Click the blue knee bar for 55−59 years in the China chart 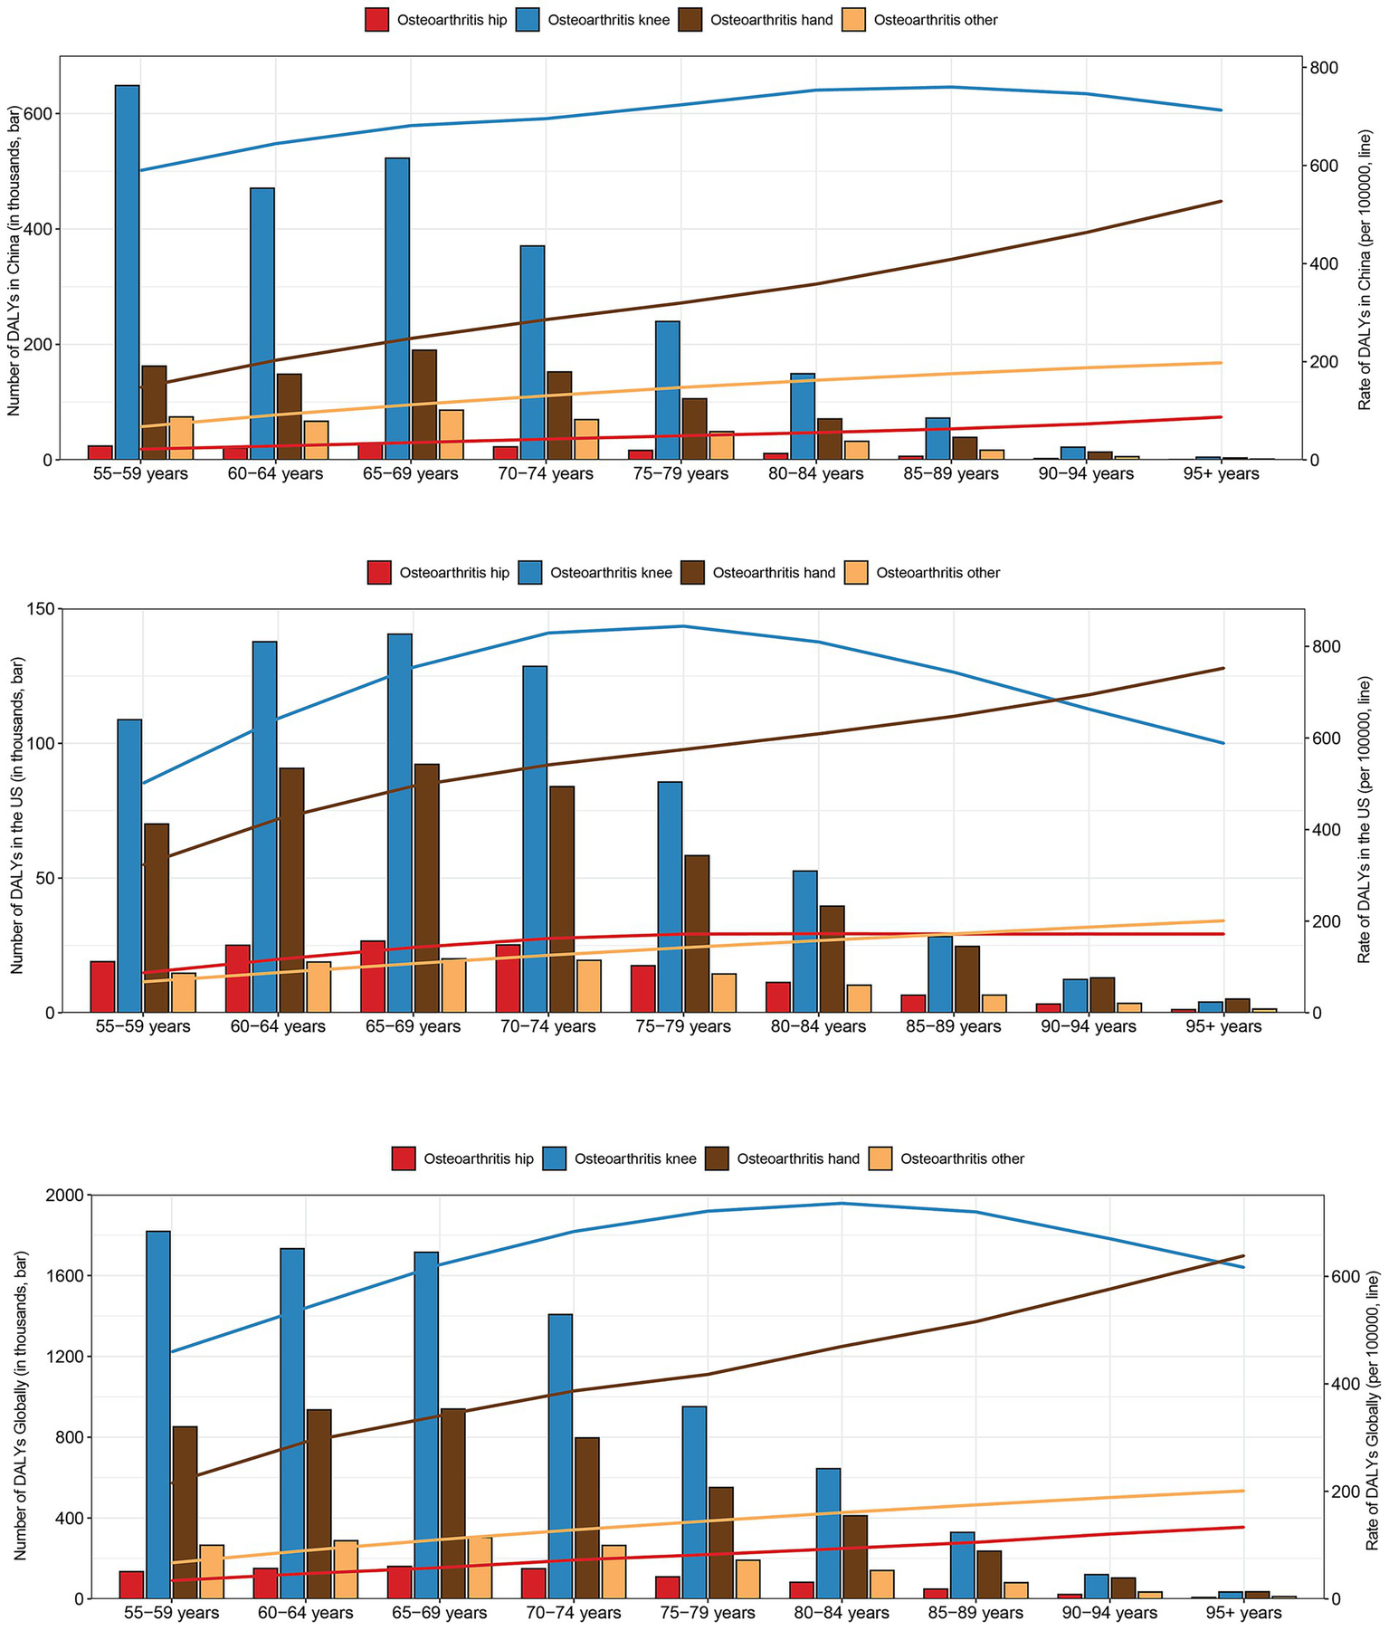coord(127,272)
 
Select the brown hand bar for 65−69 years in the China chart coord(424,405)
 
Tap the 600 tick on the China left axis coord(39,114)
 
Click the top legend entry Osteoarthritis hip coord(438,19)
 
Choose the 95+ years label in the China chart coord(1221,473)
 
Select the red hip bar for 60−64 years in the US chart coord(238,977)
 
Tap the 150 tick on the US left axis coord(39,609)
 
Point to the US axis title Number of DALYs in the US coord(17,811)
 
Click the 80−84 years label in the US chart coord(816,1026)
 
